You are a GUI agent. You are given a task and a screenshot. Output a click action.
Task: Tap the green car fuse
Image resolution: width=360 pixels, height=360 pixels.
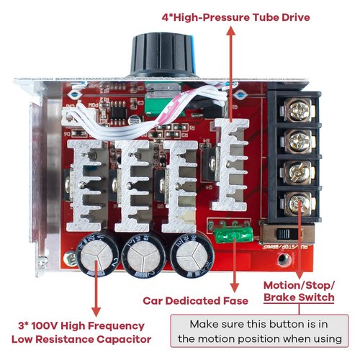pyautogui.click(x=230, y=233)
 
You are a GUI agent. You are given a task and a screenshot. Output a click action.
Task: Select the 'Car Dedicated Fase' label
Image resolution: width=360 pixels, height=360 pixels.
pyautogui.click(x=195, y=300)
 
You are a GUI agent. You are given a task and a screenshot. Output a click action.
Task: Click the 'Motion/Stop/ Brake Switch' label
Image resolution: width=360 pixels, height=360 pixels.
pyautogui.click(x=299, y=290)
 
